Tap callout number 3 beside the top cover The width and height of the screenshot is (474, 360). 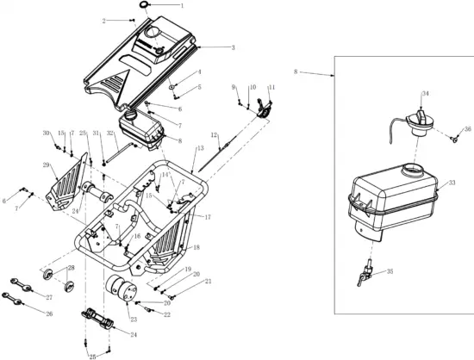[x=105, y=20]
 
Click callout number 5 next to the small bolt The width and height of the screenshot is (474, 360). [x=200, y=87]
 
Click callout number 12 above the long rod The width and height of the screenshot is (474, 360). [x=215, y=135]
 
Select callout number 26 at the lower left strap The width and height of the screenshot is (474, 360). [x=49, y=313]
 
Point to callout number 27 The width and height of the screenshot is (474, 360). [x=49, y=297]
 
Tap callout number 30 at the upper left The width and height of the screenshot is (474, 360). [x=47, y=133]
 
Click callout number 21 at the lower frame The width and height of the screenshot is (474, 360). [x=208, y=282]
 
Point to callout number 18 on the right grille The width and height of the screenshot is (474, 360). [x=196, y=247]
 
